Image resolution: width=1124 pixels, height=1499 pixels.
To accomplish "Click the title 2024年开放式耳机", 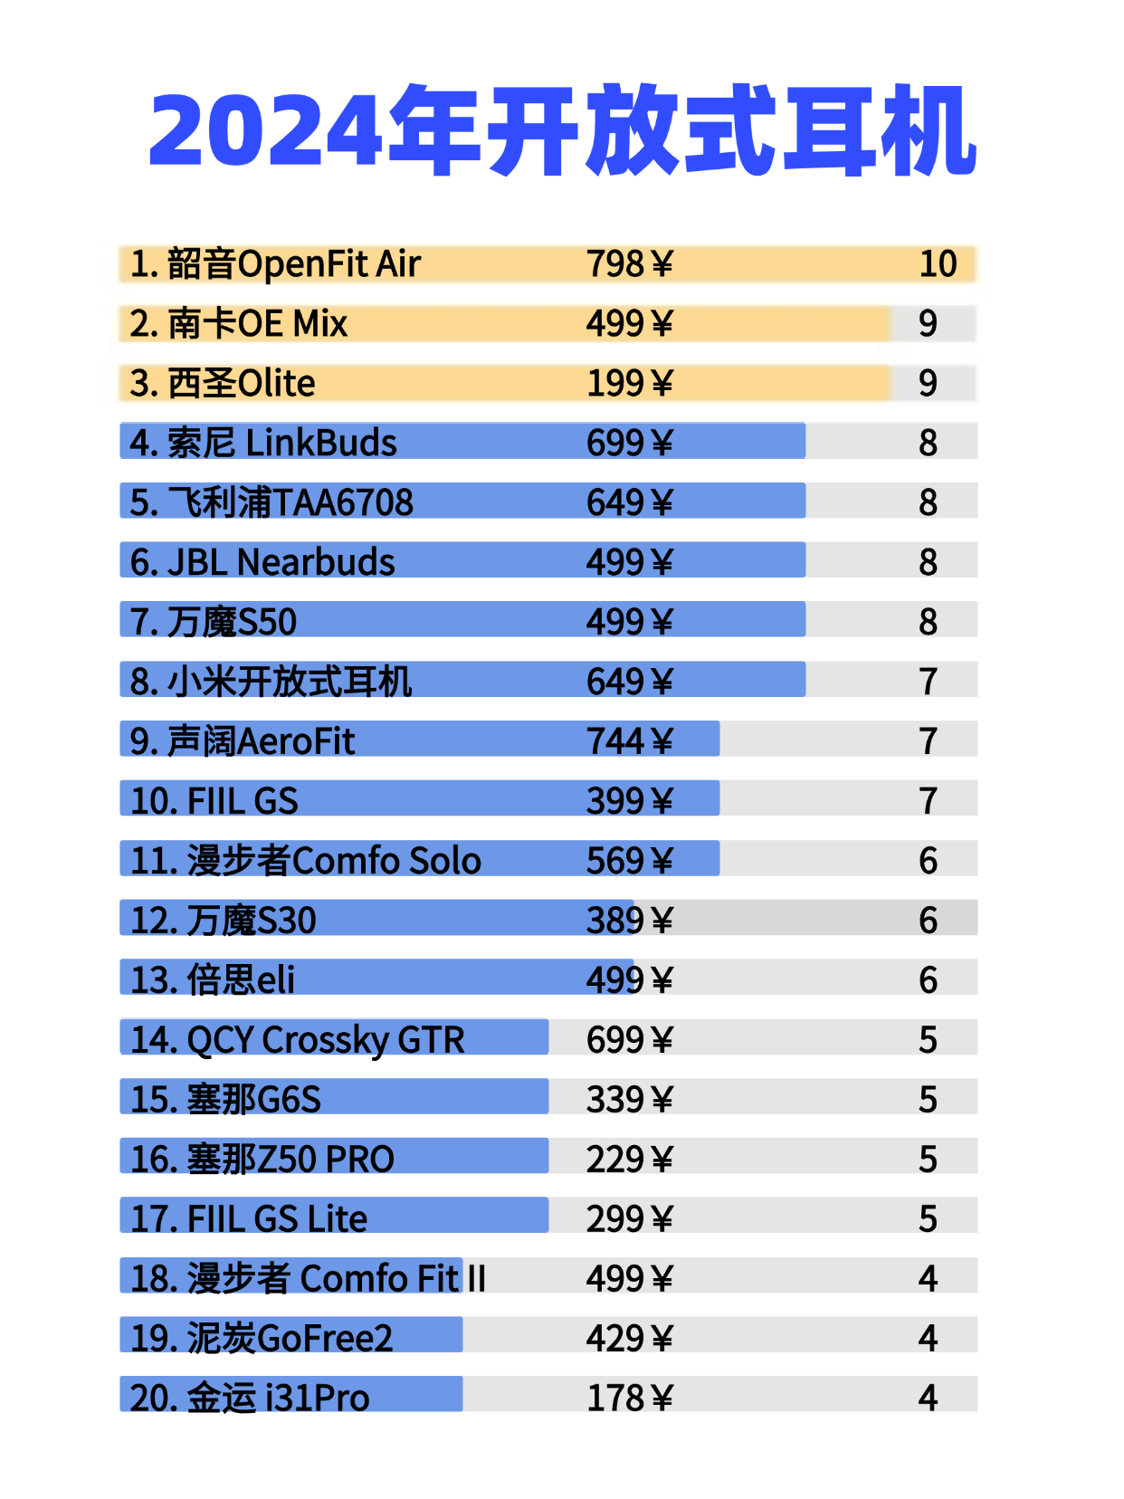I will (x=562, y=131).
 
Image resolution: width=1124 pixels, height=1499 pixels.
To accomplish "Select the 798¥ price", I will (x=629, y=264).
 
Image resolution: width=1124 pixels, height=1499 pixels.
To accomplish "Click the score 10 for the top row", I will (x=938, y=264).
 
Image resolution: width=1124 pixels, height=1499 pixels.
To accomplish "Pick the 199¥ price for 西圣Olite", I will (x=629, y=384).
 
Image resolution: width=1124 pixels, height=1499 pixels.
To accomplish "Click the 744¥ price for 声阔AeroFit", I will (x=629, y=741).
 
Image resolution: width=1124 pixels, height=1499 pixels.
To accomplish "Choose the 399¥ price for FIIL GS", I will (x=629, y=801).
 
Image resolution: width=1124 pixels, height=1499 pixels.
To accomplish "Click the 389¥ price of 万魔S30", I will (x=629, y=921).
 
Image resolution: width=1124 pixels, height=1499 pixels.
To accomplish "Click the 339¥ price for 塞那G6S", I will (x=629, y=1100).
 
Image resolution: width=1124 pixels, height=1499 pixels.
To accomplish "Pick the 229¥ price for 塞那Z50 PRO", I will (x=629, y=1160).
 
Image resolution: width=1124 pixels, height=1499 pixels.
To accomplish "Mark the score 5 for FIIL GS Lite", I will (x=928, y=1219).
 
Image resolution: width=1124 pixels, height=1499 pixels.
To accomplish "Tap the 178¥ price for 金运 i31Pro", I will (x=629, y=1399).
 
